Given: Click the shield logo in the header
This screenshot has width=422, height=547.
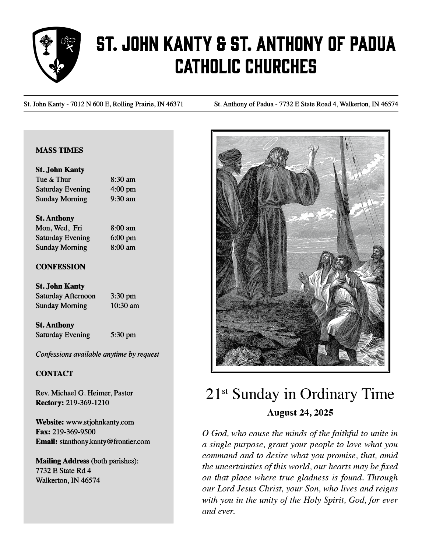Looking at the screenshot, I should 56,54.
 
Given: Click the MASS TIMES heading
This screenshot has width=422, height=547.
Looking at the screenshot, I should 59,150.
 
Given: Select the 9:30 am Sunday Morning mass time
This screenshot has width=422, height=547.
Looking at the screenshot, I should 123,199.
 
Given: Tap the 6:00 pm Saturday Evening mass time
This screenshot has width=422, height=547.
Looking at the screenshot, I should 123,238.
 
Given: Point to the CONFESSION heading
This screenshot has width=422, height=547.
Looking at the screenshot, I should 60,267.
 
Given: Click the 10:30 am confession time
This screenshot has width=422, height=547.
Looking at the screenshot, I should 124,306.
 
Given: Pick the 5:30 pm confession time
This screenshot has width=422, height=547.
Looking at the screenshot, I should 123,335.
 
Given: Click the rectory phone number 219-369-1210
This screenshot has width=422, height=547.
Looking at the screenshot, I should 87,403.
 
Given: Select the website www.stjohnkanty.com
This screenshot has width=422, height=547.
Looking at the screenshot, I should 100,422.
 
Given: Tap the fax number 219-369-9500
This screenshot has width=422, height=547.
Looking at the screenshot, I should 74,432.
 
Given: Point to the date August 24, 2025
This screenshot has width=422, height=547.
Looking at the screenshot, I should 300,413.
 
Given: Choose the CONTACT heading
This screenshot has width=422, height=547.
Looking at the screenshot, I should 54,374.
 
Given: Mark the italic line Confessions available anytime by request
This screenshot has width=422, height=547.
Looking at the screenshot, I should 97,354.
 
